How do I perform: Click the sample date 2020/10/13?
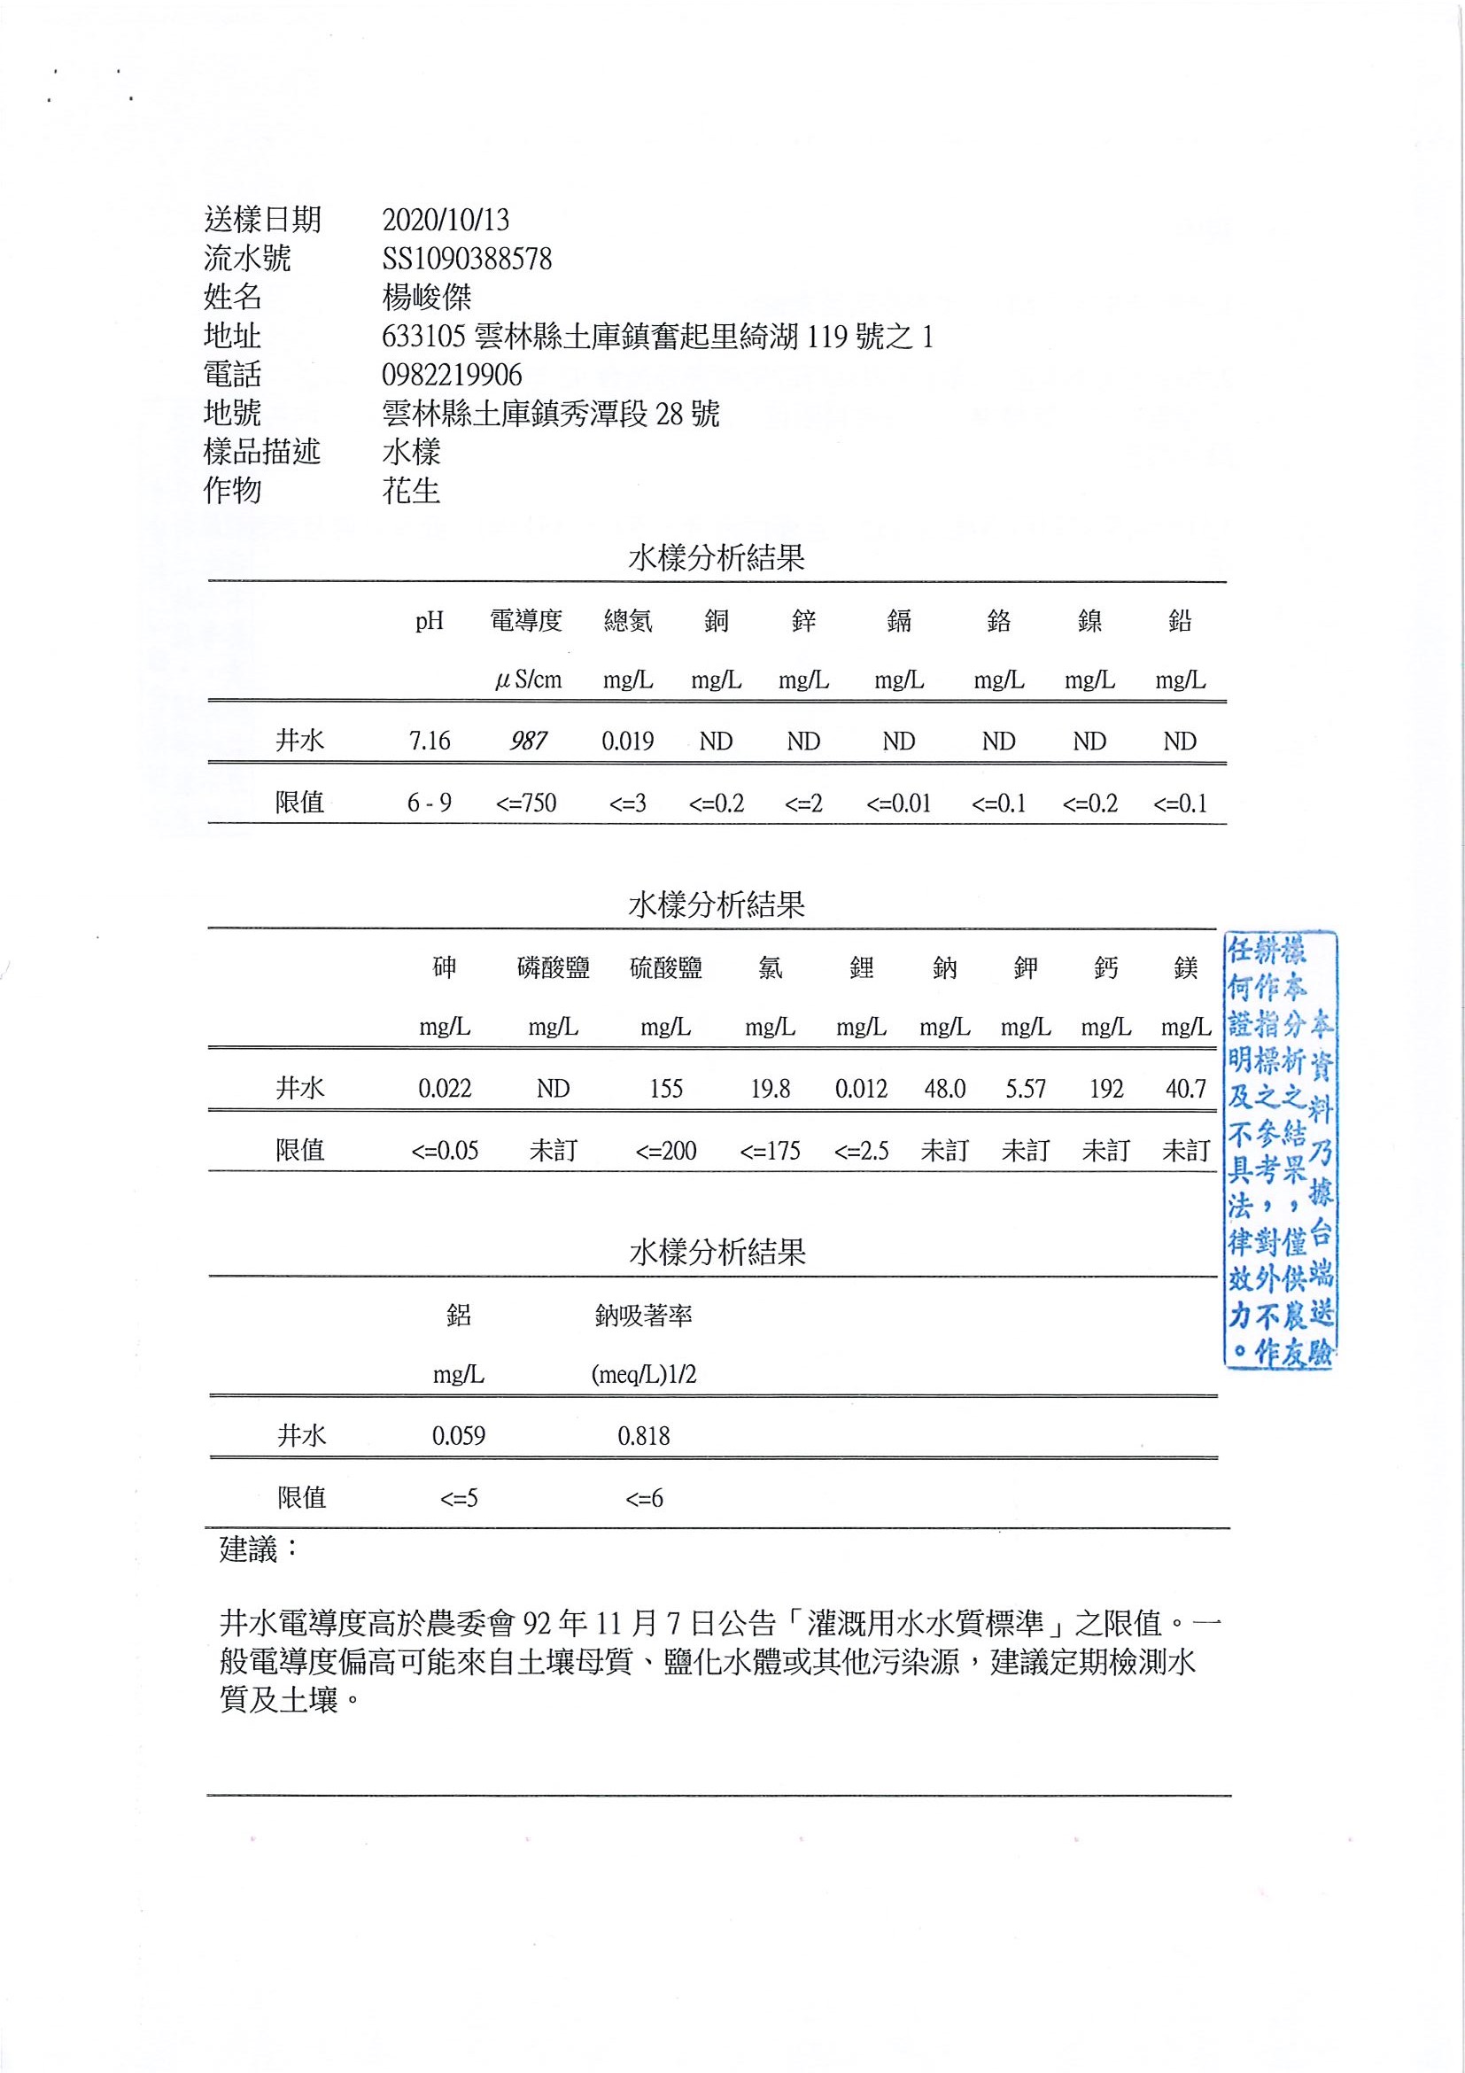pyautogui.click(x=445, y=220)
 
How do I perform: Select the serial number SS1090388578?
pyautogui.click(x=467, y=259)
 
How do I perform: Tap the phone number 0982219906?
pyautogui.click(x=452, y=375)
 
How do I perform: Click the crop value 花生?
pyautogui.click(x=411, y=490)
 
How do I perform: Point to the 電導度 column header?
pyautogui.click(x=525, y=620)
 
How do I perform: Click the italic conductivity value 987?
pyautogui.click(x=527, y=741)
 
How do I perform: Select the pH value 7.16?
pyautogui.click(x=429, y=741)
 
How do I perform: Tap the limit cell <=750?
pyautogui.click(x=525, y=803)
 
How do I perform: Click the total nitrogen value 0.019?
pyautogui.click(x=627, y=741)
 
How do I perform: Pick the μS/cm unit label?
pyautogui.click(x=528, y=679)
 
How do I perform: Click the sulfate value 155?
pyautogui.click(x=665, y=1089)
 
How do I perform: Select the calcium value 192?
pyautogui.click(x=1105, y=1089)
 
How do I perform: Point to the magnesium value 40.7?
pyautogui.click(x=1185, y=1089)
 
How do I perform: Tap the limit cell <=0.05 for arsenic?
pyautogui.click(x=444, y=1150)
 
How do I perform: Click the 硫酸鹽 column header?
pyautogui.click(x=665, y=968)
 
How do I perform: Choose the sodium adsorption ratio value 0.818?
pyautogui.click(x=644, y=1435)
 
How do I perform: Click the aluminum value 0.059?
pyautogui.click(x=459, y=1435)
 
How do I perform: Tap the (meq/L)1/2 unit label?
pyautogui.click(x=644, y=1375)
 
